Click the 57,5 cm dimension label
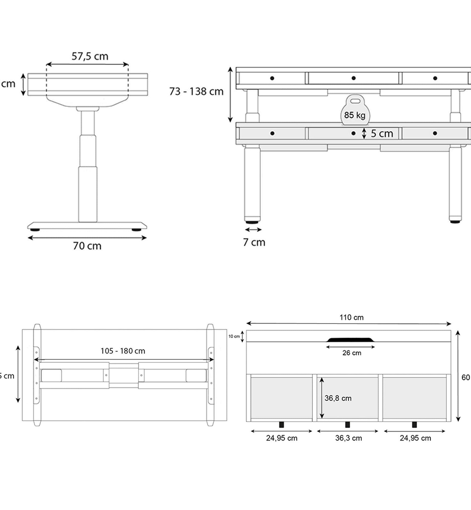(x=90, y=56)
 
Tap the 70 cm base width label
(x=87, y=246)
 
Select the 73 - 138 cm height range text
(x=196, y=91)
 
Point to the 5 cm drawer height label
(x=382, y=133)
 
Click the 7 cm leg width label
(x=254, y=242)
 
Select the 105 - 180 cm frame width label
(x=123, y=351)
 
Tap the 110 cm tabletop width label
(x=351, y=317)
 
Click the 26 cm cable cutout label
(x=352, y=353)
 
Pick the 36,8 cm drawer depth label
(x=338, y=398)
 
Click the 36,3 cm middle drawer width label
(x=348, y=438)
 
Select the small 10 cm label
(x=234, y=336)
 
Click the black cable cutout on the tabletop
(x=350, y=340)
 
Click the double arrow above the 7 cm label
(x=253, y=230)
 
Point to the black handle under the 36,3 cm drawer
(x=347, y=425)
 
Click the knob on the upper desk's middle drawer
(x=353, y=78)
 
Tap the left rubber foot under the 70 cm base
(x=35, y=230)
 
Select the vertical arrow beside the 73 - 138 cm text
(x=230, y=95)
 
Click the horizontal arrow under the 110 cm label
(x=348, y=324)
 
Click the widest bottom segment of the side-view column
(x=88, y=194)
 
